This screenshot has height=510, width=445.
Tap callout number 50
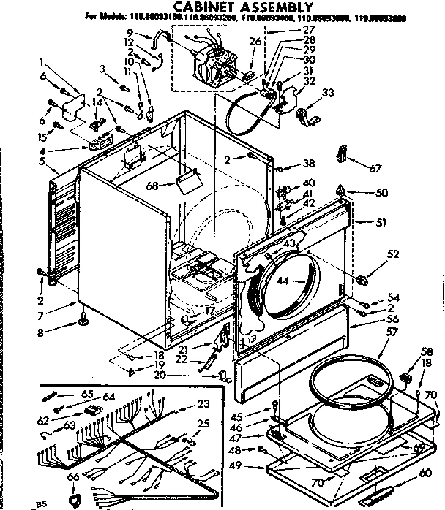pyautogui.click(x=381, y=193)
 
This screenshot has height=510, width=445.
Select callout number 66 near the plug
pyautogui.click(x=72, y=476)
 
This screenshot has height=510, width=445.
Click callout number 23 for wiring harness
pyautogui.click(x=203, y=404)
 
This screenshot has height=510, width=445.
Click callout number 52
pyautogui.click(x=393, y=254)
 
